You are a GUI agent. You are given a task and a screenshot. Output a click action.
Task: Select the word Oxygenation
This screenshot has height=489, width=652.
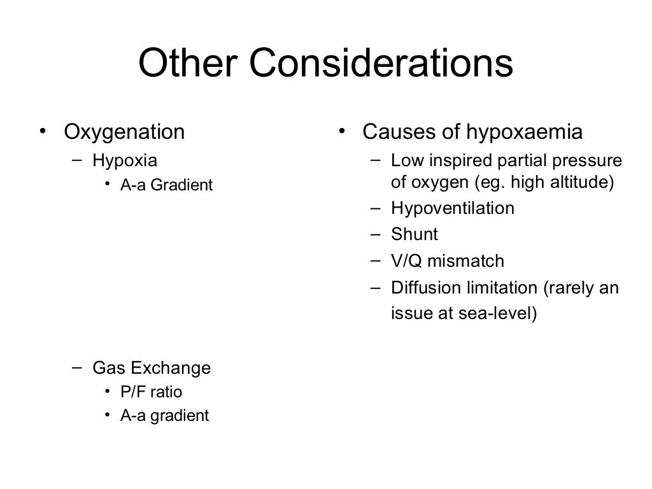point(124,132)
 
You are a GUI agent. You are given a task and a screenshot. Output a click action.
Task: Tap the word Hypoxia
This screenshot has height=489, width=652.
point(125,160)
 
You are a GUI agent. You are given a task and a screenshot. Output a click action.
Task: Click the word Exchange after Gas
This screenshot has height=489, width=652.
point(176,368)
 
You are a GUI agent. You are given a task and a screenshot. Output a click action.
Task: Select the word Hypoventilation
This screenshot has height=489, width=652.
point(453,208)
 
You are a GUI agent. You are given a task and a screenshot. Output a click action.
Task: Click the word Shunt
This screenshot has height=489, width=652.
point(415,234)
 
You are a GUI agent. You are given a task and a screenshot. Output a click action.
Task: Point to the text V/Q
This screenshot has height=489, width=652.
point(406,261)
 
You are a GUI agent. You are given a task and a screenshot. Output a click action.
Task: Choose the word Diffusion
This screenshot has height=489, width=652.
point(421,288)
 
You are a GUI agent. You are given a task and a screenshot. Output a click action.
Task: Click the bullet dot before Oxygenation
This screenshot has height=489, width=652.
point(42,132)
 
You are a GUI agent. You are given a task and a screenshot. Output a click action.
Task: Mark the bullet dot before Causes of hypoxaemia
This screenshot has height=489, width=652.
point(341,132)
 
